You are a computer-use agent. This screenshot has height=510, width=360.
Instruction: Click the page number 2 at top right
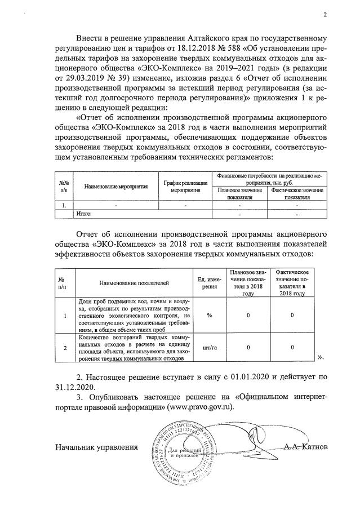click(325, 15)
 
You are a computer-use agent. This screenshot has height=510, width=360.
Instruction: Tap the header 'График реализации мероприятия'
click(185, 186)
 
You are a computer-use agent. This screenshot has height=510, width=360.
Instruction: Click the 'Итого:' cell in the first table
click(84, 214)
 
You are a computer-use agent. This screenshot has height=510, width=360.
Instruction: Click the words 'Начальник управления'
click(96, 447)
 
